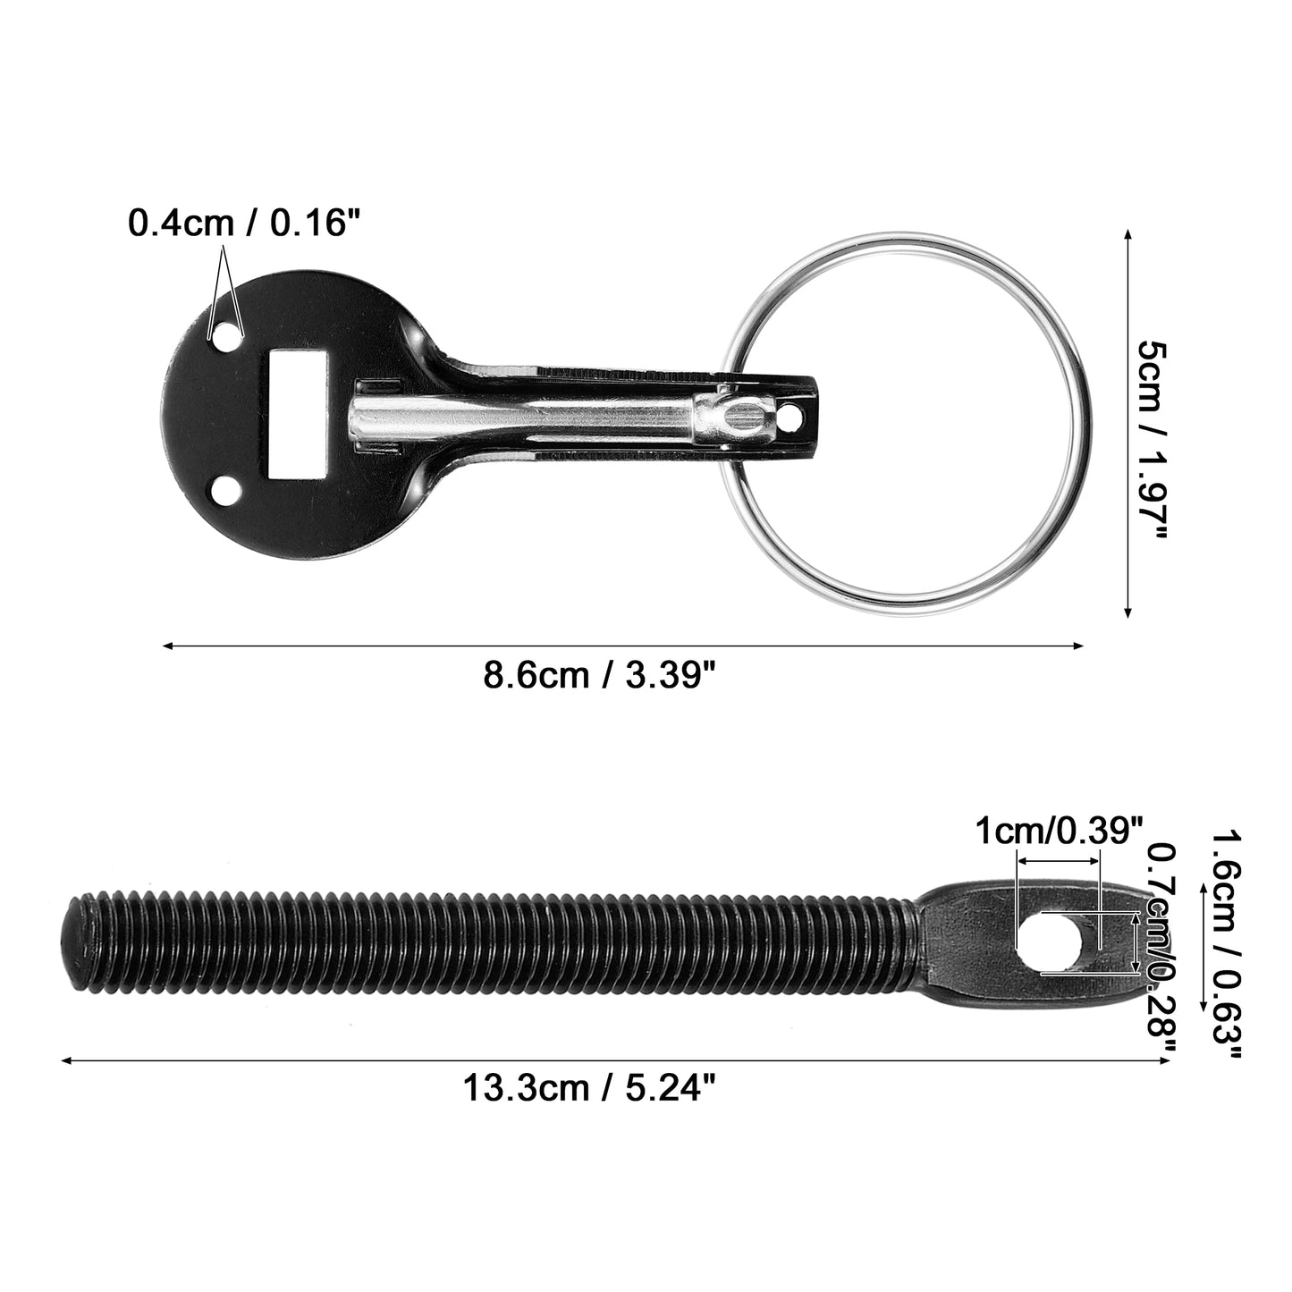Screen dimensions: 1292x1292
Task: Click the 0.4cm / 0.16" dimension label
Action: [244, 223]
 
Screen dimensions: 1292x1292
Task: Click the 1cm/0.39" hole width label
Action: [1059, 832]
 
